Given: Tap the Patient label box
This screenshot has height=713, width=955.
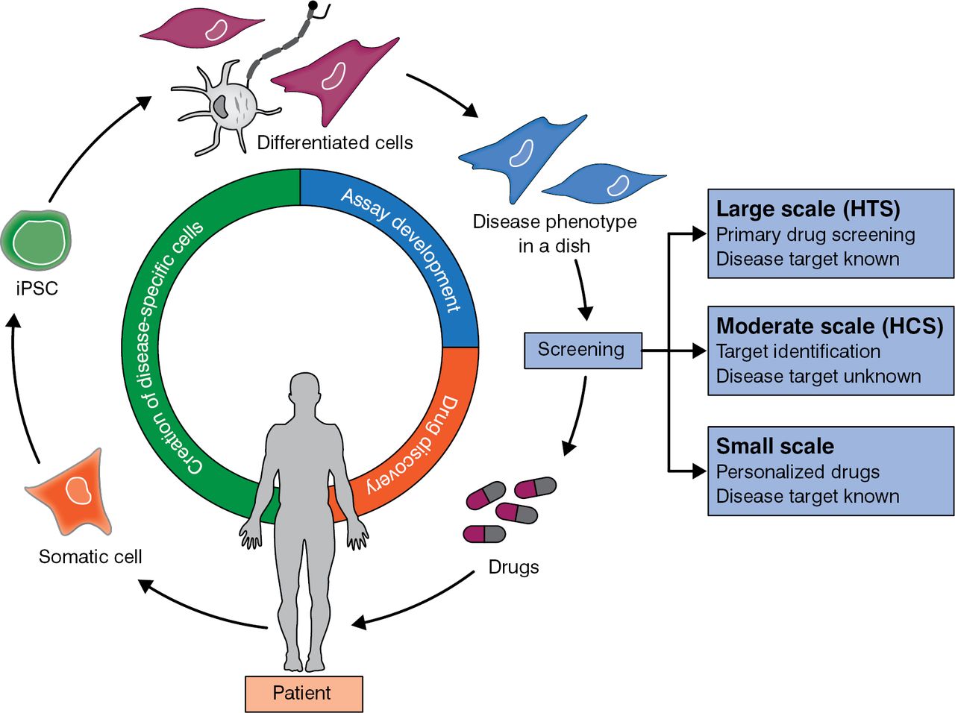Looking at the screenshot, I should [x=304, y=694].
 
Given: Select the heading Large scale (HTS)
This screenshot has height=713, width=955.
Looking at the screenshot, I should [x=808, y=209].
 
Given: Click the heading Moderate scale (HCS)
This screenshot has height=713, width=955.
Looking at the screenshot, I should [x=830, y=326].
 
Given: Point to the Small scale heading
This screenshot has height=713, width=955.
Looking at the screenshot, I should [x=775, y=446].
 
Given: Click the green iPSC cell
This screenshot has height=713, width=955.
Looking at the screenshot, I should [x=36, y=240].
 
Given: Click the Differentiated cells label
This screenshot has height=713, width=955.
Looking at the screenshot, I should [x=335, y=142].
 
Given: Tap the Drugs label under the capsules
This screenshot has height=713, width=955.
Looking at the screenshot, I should [x=513, y=567].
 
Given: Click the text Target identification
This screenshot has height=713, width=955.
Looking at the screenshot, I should [x=798, y=351].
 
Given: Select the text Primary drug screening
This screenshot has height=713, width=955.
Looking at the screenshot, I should [x=815, y=235].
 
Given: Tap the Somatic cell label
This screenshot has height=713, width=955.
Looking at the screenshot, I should [x=90, y=556].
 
